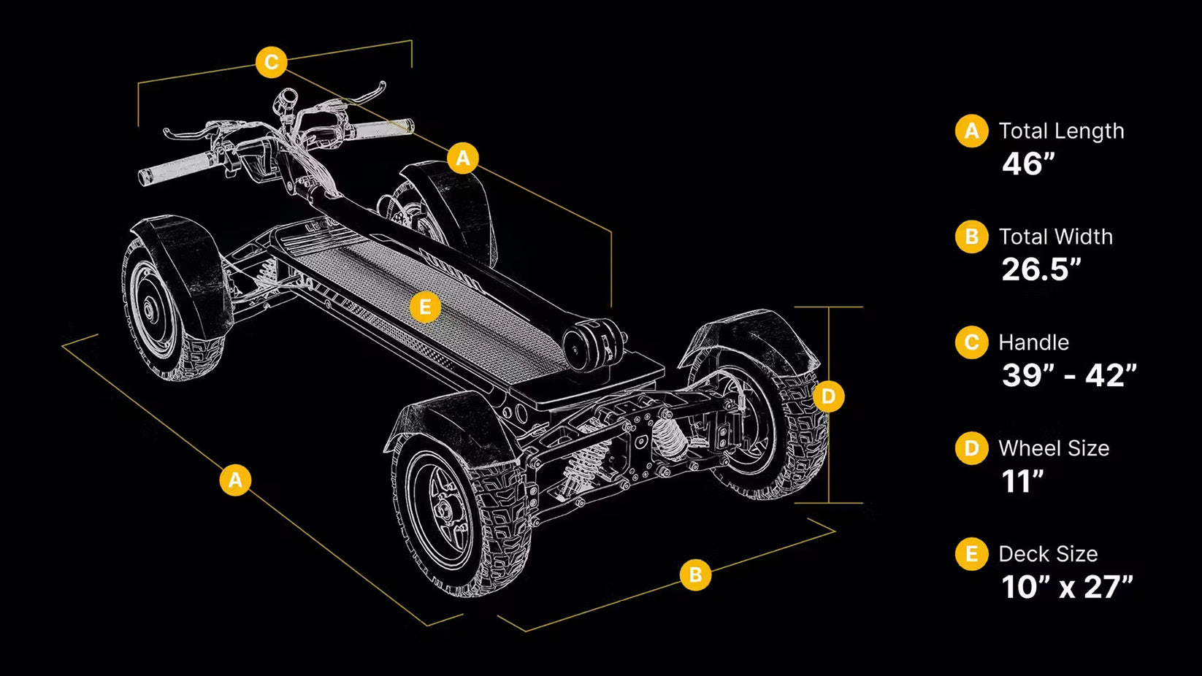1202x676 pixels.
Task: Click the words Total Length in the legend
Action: (1061, 131)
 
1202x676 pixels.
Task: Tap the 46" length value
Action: (1028, 164)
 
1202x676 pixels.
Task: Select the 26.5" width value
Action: (1041, 269)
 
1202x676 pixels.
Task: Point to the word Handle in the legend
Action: (1033, 342)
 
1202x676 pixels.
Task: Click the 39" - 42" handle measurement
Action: (1069, 375)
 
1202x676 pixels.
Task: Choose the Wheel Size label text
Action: (1054, 448)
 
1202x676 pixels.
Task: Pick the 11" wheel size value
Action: (1022, 480)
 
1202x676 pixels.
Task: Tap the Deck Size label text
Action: (1048, 553)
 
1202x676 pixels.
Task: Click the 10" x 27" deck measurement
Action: (1067, 586)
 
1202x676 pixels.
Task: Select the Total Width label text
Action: (1055, 237)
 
